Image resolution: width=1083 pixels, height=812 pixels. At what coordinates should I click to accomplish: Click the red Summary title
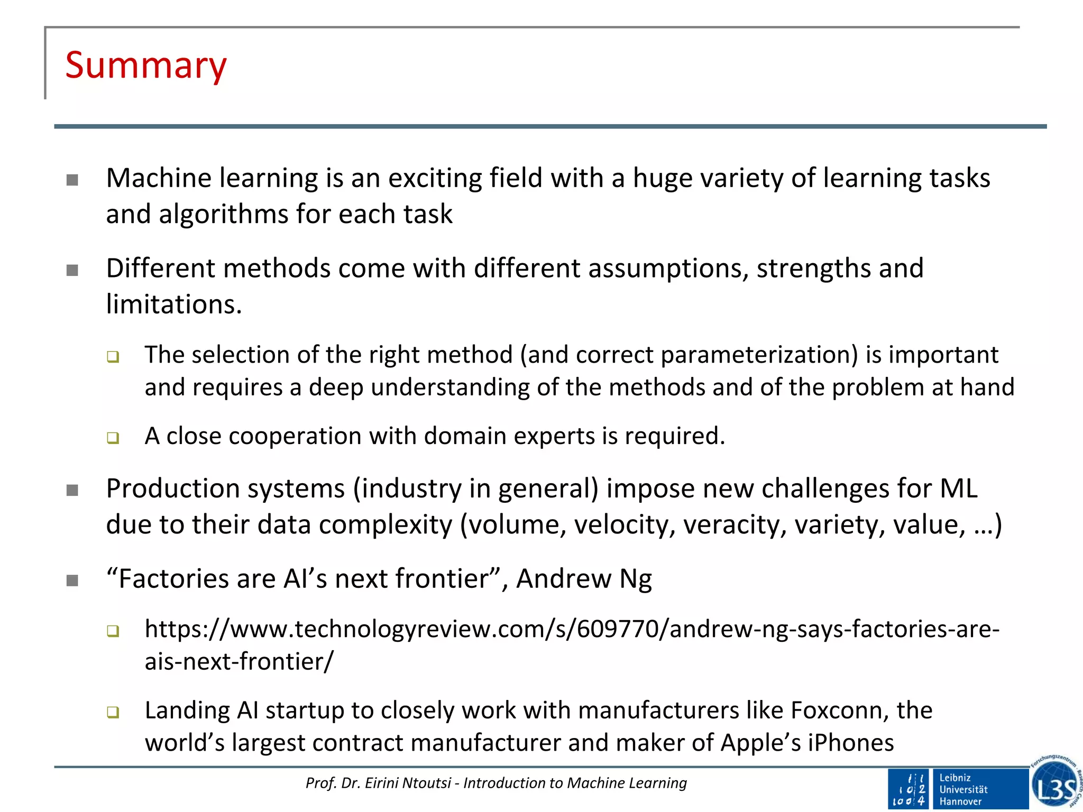tap(146, 65)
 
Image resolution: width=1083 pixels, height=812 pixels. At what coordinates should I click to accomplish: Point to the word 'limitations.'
tap(174, 304)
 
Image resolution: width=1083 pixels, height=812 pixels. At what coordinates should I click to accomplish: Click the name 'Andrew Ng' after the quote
tap(584, 579)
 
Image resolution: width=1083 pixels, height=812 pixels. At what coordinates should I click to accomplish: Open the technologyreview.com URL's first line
tap(572, 629)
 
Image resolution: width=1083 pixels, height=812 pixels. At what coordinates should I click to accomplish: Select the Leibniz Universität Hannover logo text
tap(963, 789)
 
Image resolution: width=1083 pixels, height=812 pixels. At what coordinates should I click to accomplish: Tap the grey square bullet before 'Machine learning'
tap(72, 181)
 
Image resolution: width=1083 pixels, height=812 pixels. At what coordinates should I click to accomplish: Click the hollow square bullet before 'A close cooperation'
tap(113, 438)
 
